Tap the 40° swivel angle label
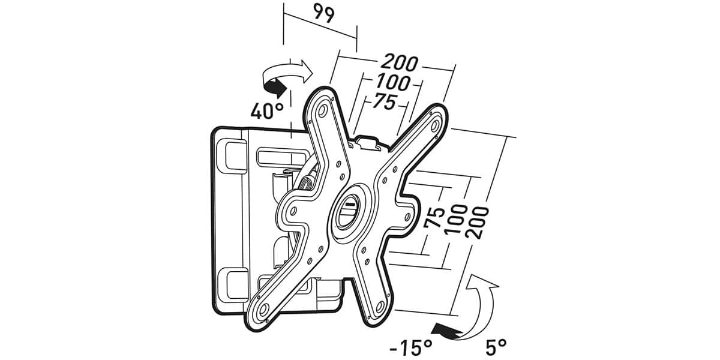point(267,110)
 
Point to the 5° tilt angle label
point(496,347)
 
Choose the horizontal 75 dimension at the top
point(385,101)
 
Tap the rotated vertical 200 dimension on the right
point(477,223)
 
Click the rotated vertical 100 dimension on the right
point(457,218)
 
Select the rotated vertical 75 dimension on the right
point(434,217)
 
